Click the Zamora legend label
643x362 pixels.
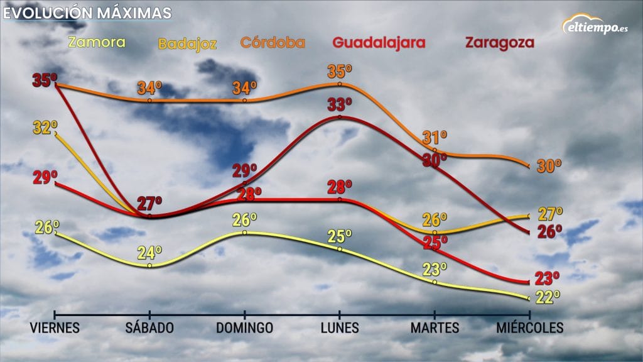click(x=97, y=43)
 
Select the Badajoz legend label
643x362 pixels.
click(x=187, y=44)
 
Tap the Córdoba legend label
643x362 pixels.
click(x=273, y=43)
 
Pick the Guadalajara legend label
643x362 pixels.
click(x=379, y=43)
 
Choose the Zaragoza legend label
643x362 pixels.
click(x=499, y=43)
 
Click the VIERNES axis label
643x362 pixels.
click(x=55, y=328)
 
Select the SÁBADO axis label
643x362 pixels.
click(x=149, y=328)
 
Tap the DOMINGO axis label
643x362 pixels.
click(x=245, y=328)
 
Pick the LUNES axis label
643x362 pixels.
click(x=340, y=328)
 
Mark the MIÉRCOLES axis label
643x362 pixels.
click(x=530, y=328)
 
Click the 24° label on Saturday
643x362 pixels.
click(x=150, y=253)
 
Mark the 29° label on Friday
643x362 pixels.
click(x=45, y=178)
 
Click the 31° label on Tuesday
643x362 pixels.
click(x=435, y=137)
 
